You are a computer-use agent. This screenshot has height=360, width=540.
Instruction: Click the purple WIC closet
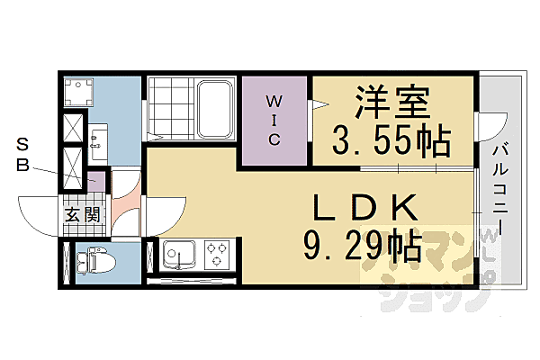tap(274, 121)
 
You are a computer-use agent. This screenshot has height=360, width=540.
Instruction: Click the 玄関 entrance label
tap(82, 215)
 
